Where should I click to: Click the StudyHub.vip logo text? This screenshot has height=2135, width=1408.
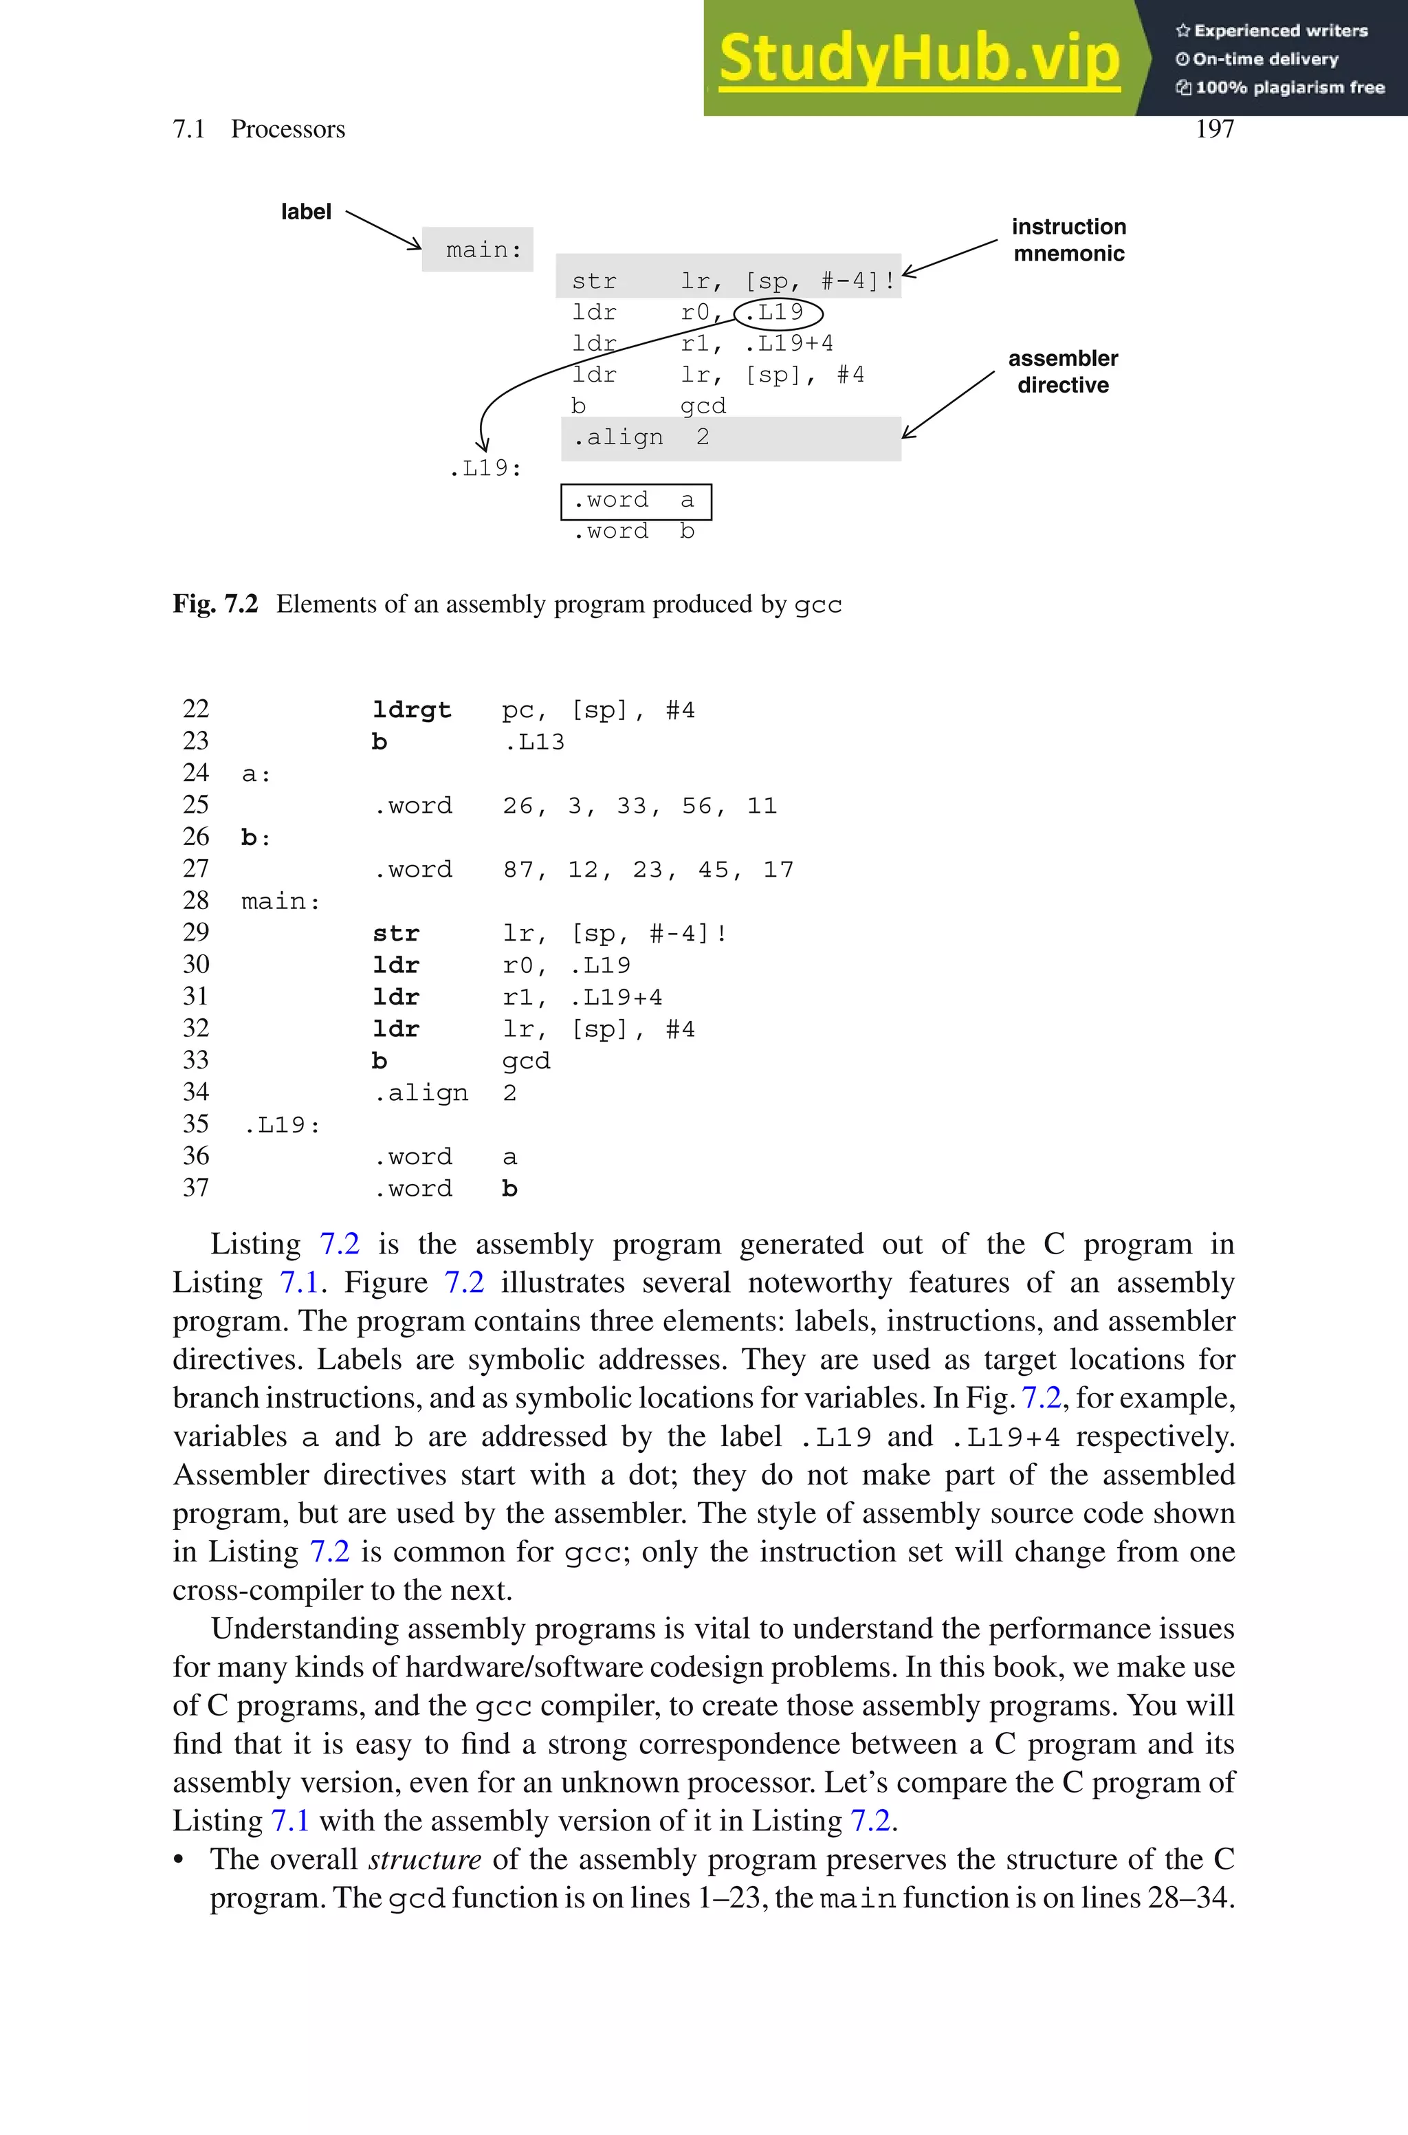click(x=918, y=59)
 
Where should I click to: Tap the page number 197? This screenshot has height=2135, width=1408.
click(x=1214, y=129)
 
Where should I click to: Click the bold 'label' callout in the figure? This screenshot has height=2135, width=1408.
click(x=305, y=212)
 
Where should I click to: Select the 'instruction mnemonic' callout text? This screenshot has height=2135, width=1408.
click(x=1068, y=240)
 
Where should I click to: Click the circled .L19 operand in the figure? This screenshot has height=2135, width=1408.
click(x=778, y=312)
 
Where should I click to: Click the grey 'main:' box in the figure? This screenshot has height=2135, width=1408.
click(x=478, y=250)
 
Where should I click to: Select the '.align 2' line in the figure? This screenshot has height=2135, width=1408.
click(x=641, y=437)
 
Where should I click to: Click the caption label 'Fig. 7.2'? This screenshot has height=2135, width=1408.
click(x=215, y=604)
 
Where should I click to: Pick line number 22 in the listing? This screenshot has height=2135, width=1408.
click(x=196, y=710)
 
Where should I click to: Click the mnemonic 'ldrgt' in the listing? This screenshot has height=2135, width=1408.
click(x=411, y=710)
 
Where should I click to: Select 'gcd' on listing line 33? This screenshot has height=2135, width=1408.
click(x=525, y=1061)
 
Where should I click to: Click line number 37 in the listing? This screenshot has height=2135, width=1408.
click(x=196, y=1187)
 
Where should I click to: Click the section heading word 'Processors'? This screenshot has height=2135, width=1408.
click(x=287, y=129)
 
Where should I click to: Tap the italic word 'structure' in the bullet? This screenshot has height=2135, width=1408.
click(x=425, y=1859)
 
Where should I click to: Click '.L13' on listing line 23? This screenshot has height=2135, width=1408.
click(x=534, y=742)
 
